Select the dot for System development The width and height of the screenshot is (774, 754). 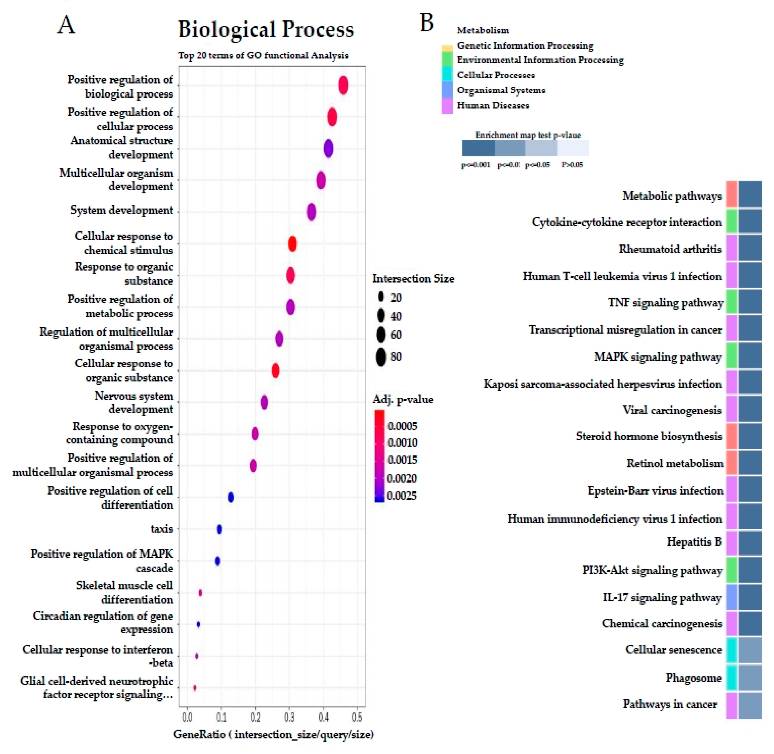[x=311, y=212]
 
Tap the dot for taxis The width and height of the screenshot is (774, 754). [x=219, y=529]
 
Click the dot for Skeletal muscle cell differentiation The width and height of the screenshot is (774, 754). [x=200, y=593]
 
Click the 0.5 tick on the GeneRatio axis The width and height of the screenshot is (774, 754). [x=357, y=718]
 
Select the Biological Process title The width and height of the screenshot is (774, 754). [x=266, y=30]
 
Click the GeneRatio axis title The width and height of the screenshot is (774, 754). [x=273, y=735]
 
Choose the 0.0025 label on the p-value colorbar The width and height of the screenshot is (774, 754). [x=402, y=496]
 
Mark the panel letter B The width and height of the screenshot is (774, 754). [x=426, y=23]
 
